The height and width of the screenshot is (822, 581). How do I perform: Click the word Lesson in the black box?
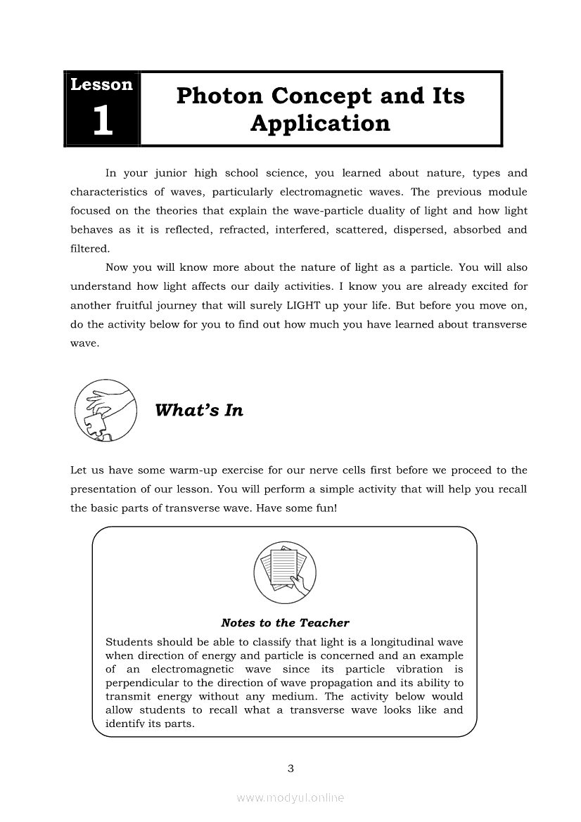[101, 85]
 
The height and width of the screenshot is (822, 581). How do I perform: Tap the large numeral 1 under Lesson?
[102, 121]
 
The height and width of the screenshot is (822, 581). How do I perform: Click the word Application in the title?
[320, 124]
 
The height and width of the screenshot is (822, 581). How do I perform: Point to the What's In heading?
[199, 411]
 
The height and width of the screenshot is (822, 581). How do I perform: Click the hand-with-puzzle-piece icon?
[105, 411]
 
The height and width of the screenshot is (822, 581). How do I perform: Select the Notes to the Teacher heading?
[285, 623]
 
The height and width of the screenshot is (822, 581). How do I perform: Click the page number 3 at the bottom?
[290, 768]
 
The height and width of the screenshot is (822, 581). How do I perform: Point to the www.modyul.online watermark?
[290, 797]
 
